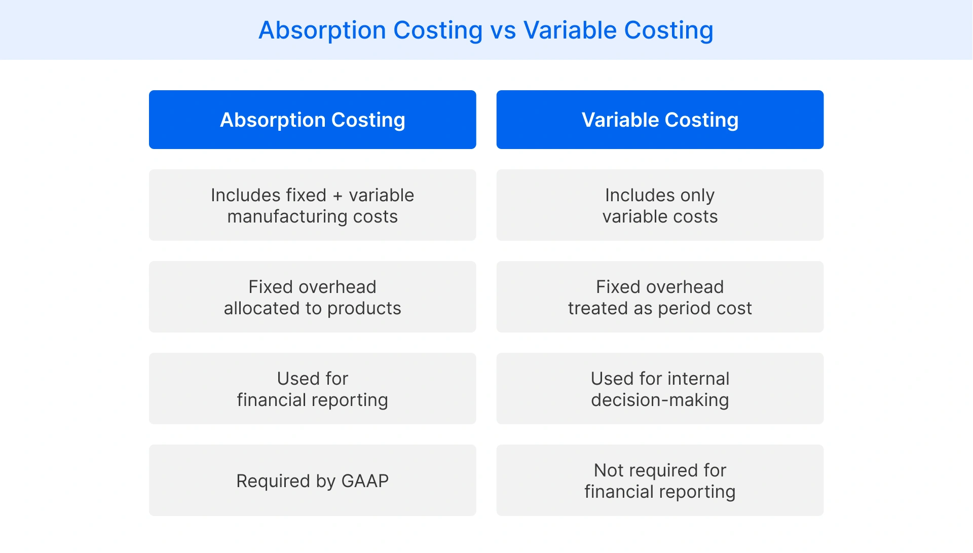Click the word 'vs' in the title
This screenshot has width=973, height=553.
[503, 30]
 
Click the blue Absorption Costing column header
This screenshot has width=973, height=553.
[312, 120]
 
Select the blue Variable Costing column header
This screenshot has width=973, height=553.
[660, 120]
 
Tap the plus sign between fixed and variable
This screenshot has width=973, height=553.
[338, 196]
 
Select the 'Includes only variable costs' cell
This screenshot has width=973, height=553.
[660, 205]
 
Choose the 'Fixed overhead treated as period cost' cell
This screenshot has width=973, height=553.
[660, 297]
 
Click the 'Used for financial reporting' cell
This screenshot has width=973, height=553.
[312, 389]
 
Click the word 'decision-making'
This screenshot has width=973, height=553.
[660, 400]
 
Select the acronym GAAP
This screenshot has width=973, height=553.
[365, 481]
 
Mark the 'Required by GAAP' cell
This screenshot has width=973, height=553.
[312, 481]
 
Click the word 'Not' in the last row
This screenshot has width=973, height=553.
[608, 470]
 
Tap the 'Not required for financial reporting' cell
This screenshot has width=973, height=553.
[660, 481]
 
